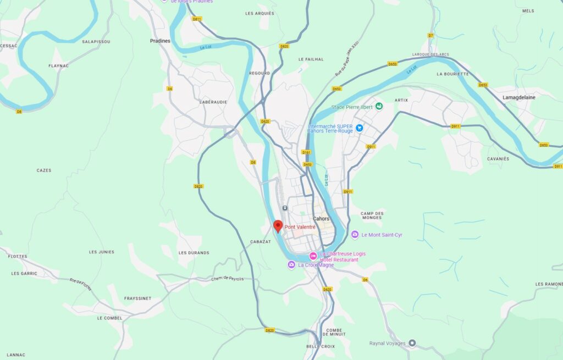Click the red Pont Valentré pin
point(278,226)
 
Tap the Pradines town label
point(160,41)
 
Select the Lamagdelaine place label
point(518,97)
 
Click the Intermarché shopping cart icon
point(360,128)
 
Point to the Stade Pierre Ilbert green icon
point(378,107)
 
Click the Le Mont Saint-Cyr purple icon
point(355,235)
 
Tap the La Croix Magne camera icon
point(291,265)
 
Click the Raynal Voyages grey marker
point(412,344)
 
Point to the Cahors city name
point(321,219)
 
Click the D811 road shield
point(197,19)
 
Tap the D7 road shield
point(431,36)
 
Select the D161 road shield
point(306,152)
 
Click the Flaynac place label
point(58,66)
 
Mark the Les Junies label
point(102,252)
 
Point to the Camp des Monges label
point(372,215)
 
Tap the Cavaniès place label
point(498,159)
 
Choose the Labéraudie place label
point(213,102)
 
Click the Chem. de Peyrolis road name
point(227,279)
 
